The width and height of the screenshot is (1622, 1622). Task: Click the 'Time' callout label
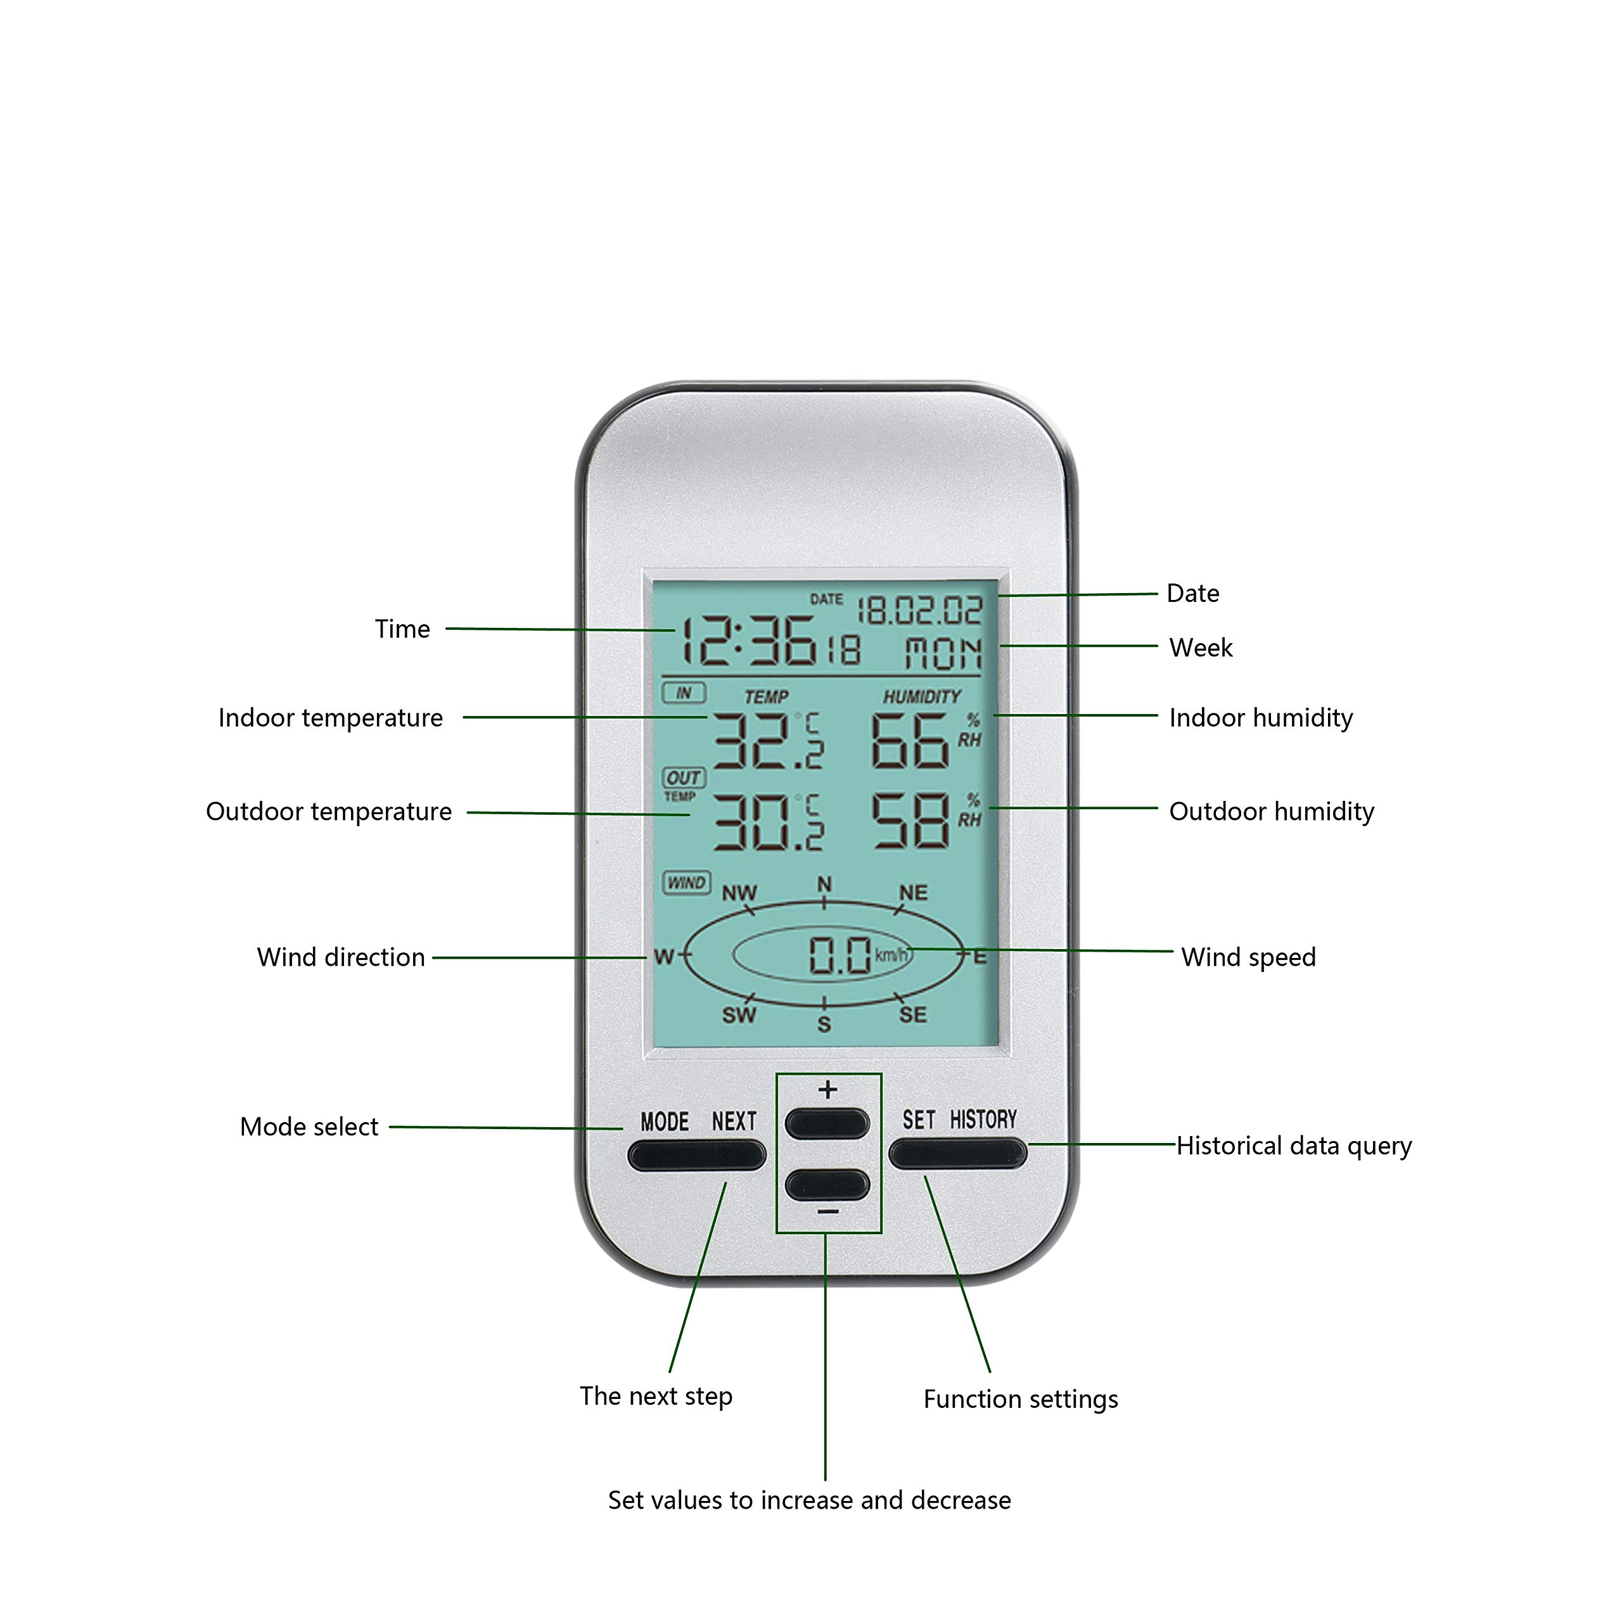[x=402, y=629]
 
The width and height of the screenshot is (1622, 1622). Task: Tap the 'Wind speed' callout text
[x=1248, y=957]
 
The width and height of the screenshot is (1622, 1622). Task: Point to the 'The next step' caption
[x=656, y=1395]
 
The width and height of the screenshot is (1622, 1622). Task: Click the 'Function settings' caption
[x=1020, y=1399]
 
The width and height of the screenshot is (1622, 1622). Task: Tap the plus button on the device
[x=827, y=1123]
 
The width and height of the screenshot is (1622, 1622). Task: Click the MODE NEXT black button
[x=697, y=1155]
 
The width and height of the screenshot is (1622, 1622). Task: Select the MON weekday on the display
[x=943, y=653]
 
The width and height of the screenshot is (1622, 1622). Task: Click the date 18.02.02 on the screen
[x=920, y=610]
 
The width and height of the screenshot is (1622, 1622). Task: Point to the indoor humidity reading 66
[x=910, y=741]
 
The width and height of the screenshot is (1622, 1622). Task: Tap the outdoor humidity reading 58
[x=910, y=821]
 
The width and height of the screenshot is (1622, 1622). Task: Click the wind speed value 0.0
[x=839, y=955]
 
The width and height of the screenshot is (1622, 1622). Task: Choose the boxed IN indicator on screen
[x=684, y=693]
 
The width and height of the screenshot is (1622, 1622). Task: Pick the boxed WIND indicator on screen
[x=686, y=883]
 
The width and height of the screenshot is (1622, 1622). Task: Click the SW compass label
[x=739, y=1015]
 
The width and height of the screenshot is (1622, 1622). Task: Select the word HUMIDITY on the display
[x=921, y=697]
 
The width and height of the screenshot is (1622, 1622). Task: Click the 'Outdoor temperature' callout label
[x=328, y=812]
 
